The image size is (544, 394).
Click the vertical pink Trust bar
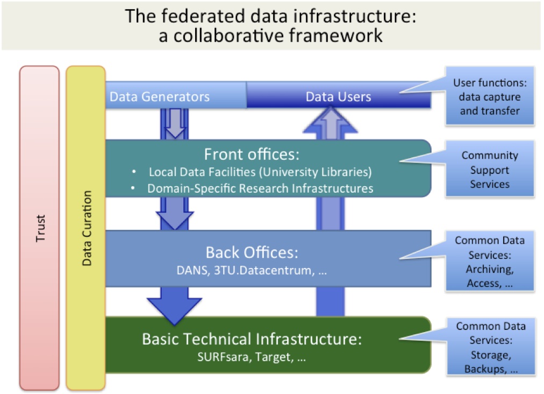click(x=39, y=228)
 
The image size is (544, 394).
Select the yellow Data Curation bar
click(x=85, y=228)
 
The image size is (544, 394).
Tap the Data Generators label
click(x=160, y=96)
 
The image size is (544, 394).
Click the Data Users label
click(x=338, y=96)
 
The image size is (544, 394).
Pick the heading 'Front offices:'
click(x=252, y=154)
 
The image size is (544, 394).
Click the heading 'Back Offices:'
click(x=252, y=252)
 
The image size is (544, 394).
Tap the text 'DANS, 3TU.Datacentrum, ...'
click(x=252, y=270)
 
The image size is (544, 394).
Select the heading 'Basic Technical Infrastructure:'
click(x=252, y=339)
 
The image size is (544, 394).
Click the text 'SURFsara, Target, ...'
click(x=252, y=357)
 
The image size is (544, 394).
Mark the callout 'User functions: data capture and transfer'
click(x=490, y=96)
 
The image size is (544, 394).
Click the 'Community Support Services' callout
click(x=490, y=169)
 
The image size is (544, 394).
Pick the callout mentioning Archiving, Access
click(x=490, y=261)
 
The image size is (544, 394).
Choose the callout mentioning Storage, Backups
click(x=491, y=347)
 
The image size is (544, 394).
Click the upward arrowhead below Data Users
click(x=330, y=120)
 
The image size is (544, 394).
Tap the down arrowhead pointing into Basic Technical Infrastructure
click(x=174, y=311)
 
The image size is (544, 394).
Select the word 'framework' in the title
click(x=335, y=36)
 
